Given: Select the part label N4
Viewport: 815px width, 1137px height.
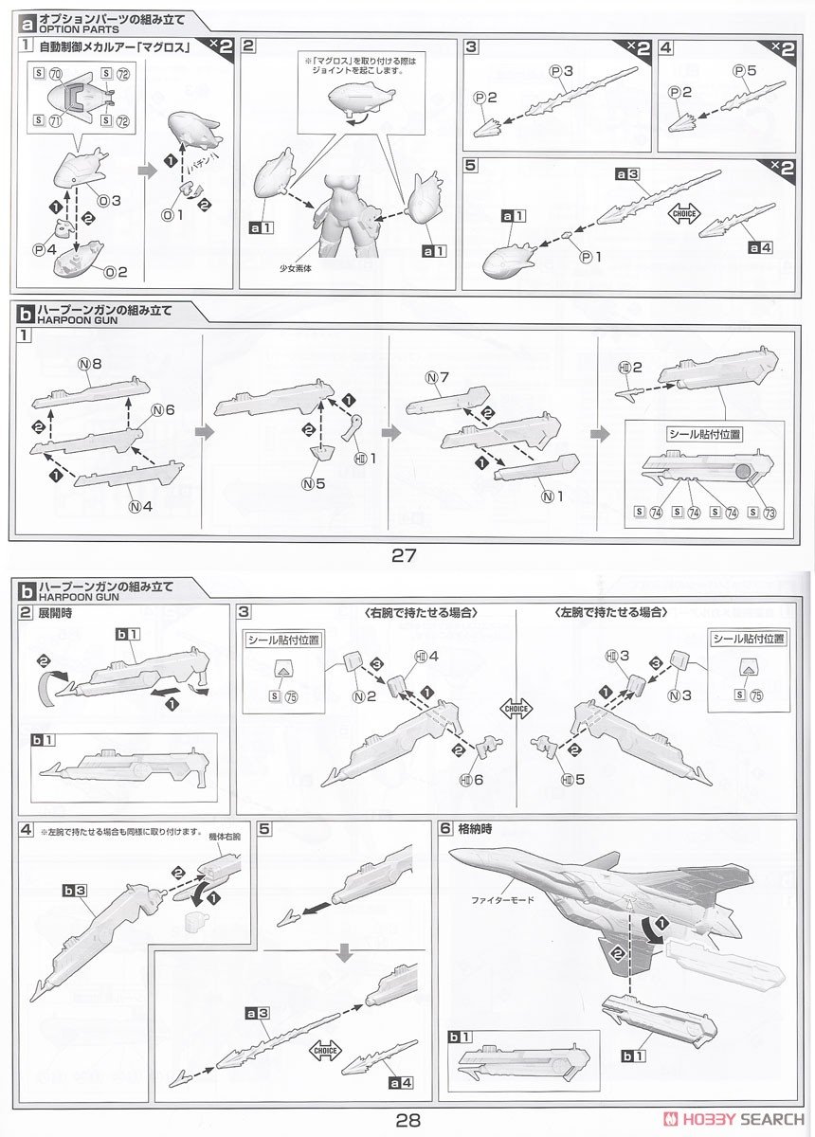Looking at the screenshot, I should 139,505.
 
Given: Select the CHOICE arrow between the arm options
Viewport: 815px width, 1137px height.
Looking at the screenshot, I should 517,708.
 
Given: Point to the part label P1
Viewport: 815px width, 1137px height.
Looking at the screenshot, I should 587,256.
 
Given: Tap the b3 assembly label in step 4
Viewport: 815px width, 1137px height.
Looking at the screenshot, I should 75,891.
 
